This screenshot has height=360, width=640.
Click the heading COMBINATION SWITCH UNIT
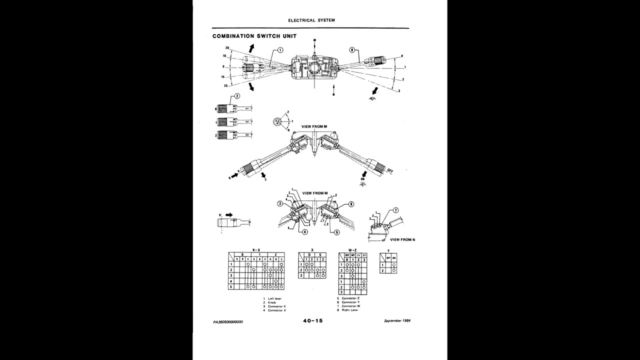(254, 36)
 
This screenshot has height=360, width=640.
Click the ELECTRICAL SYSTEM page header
(311, 20)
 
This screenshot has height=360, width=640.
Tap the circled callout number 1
(280, 50)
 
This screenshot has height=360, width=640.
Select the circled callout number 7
(395, 210)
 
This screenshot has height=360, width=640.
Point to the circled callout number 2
(237, 96)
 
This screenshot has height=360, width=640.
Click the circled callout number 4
(304, 232)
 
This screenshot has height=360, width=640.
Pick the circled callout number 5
(336, 232)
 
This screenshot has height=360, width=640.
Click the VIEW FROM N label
(402, 240)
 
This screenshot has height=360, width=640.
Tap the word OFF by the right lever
(389, 171)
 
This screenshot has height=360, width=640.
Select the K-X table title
(256, 249)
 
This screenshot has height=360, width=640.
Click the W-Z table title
(352, 249)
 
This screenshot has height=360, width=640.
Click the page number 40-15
(313, 321)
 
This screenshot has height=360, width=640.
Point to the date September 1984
(397, 320)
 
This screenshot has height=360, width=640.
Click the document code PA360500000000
(228, 322)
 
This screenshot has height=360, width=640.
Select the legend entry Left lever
(274, 298)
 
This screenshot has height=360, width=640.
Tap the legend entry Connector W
(350, 306)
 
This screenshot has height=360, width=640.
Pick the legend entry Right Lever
(349, 310)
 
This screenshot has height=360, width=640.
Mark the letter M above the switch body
(315, 39)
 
